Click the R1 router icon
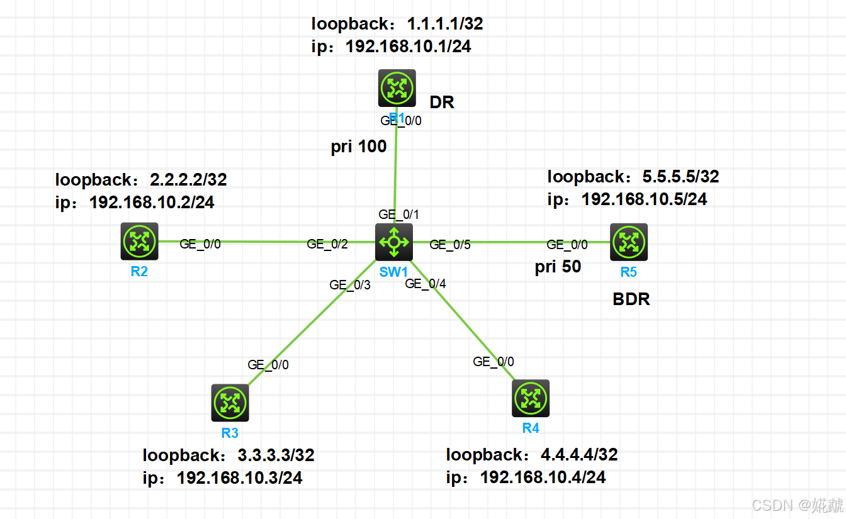coord(397,87)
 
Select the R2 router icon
coord(139,241)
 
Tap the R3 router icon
coord(230,403)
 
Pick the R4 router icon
coord(531,398)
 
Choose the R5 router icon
coord(628,242)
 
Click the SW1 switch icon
coord(394,242)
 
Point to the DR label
coord(442,103)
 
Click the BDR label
coord(631,299)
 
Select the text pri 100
coord(359,147)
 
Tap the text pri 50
coord(558,267)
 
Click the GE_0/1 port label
coord(398,215)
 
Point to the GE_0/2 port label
coord(327,244)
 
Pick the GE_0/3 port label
coord(350,285)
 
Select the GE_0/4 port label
coord(426,284)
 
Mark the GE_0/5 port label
coord(450,245)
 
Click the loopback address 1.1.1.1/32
coord(445,25)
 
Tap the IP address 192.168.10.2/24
coord(152,202)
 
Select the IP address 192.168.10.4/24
coord(543,477)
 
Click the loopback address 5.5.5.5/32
coord(680,177)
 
